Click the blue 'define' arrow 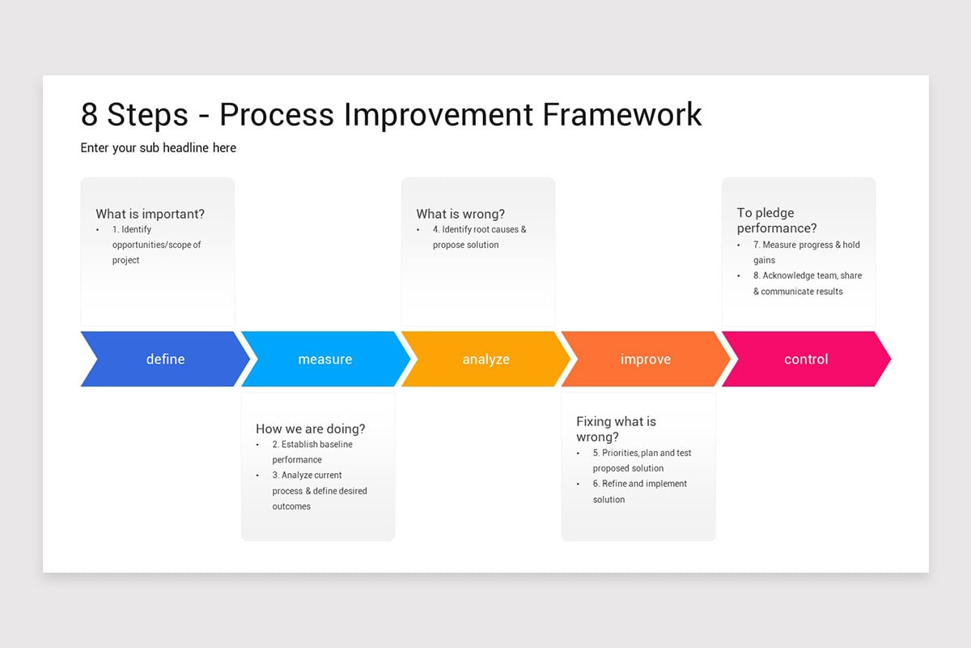coord(165,359)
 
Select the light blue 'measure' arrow coord(325,359)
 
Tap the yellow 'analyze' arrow coord(485,359)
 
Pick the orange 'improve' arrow coord(645,359)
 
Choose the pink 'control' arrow coord(806,359)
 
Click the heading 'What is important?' coord(150,214)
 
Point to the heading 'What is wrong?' coord(460,214)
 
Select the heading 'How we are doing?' coord(310,428)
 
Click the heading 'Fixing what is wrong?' coord(616,428)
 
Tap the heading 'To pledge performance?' coord(777,220)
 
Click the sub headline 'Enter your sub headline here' coord(158,147)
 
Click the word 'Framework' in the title coord(621,114)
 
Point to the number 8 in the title coord(90,114)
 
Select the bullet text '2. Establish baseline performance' coord(312,452)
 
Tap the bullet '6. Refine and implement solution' coord(639,492)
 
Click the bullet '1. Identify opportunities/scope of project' coord(156,245)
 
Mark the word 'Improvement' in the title coord(439,114)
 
